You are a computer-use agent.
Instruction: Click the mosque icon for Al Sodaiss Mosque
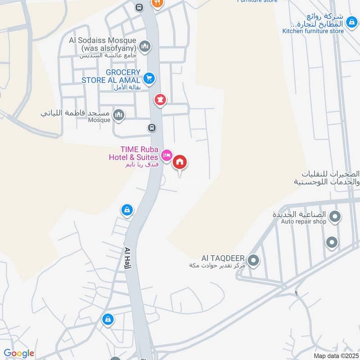(145, 45)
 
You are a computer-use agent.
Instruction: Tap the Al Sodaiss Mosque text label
(103, 44)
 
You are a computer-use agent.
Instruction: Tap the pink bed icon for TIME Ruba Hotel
(166, 155)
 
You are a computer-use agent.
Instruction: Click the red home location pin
(180, 162)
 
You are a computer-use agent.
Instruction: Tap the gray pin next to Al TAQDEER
(253, 260)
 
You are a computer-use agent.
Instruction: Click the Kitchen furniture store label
(313, 31)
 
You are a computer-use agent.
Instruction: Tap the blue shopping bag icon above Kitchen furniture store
(351, 22)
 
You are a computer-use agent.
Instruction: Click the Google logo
(19, 353)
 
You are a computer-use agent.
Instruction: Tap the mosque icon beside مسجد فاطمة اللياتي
(119, 115)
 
